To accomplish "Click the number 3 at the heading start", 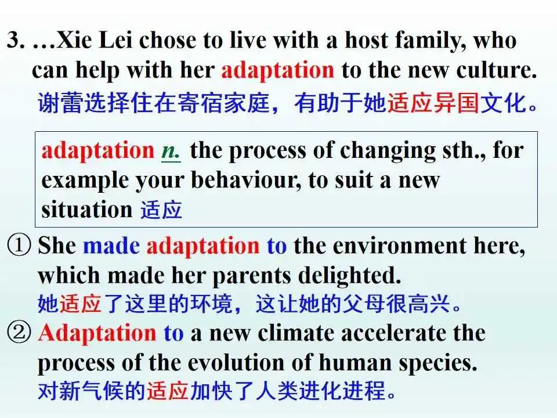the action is [x=13, y=40].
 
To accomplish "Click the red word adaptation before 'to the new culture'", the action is [x=277, y=70].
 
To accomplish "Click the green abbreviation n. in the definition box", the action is [x=171, y=152].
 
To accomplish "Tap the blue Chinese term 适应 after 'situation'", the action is [x=161, y=210].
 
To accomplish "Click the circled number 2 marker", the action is [x=19, y=333].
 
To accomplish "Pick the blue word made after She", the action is [x=111, y=246].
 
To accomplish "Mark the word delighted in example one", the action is [x=349, y=276].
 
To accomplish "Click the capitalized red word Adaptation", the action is [x=97, y=333].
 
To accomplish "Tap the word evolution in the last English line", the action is [x=236, y=363].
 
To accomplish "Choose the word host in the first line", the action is [x=366, y=40].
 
